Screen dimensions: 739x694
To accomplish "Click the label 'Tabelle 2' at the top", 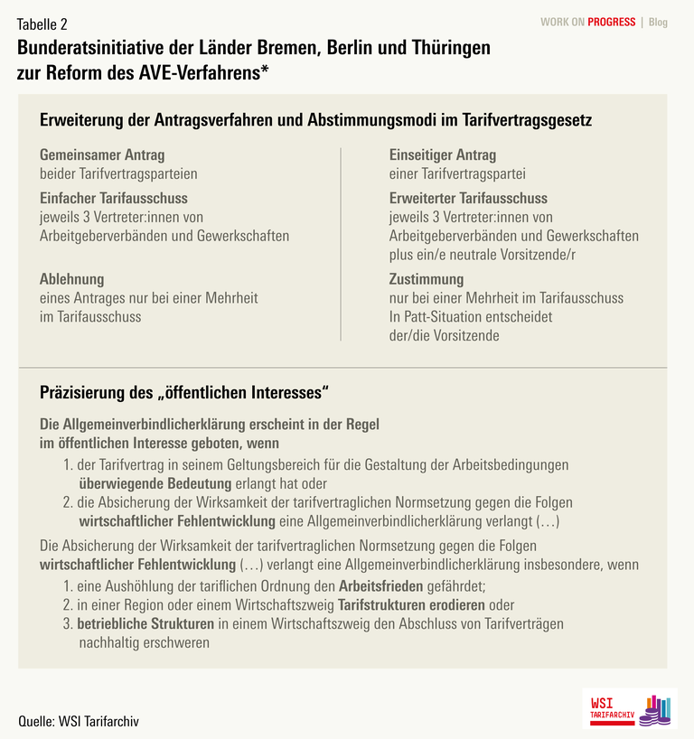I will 42,23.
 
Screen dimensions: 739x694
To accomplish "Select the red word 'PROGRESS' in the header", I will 612,23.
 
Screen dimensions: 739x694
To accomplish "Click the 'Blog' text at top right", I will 658,23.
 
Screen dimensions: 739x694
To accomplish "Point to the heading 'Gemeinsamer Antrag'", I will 102,154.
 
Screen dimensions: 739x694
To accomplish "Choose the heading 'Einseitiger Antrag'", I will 443,154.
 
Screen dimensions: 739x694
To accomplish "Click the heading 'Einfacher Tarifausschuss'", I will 114,198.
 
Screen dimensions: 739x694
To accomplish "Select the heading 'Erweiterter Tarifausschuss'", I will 468,198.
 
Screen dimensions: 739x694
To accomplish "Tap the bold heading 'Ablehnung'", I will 72,279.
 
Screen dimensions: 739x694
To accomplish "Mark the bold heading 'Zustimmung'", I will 427,279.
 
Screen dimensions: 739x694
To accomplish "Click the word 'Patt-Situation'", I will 445,317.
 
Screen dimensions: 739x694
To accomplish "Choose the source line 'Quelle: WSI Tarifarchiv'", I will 80,721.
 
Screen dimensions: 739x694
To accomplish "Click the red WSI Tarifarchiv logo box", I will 611,706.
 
